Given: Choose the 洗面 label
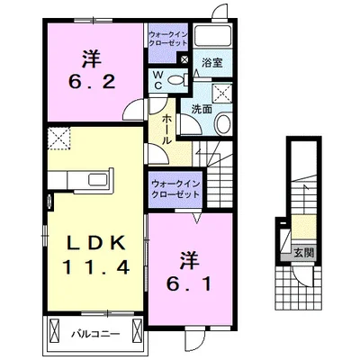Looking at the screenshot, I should (201, 110).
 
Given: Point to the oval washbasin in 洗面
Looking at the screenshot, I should (223, 125).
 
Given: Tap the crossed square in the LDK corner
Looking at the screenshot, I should (59, 138).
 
